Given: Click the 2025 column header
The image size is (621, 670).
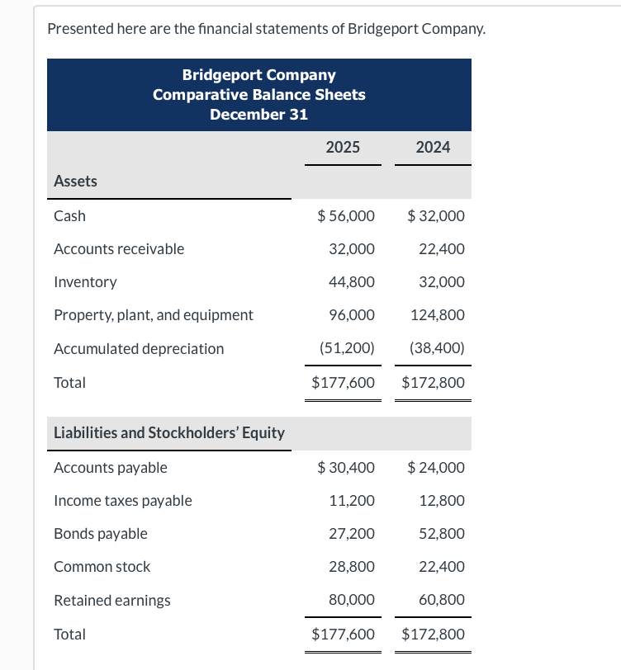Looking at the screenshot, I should click(343, 148).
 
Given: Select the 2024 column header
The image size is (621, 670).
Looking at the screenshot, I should click(433, 148).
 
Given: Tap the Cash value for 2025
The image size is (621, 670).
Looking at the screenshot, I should click(346, 216).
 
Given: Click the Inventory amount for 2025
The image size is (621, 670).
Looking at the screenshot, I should click(352, 282).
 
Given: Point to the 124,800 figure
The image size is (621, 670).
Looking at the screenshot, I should click(438, 315).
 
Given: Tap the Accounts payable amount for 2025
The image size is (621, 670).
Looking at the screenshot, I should click(346, 468).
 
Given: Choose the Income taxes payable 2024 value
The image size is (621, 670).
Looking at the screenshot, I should click(442, 501).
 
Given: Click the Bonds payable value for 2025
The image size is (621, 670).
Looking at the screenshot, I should click(352, 534).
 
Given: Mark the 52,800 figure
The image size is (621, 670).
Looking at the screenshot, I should click(442, 534).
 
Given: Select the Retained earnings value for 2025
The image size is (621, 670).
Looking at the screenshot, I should click(352, 600).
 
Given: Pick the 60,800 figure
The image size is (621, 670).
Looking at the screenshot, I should click(442, 600).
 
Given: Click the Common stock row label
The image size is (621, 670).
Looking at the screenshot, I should click(102, 567).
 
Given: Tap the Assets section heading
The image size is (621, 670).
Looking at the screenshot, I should click(75, 182).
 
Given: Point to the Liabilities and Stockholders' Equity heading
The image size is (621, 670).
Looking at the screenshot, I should click(169, 433).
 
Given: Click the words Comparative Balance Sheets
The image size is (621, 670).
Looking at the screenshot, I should click(258, 95).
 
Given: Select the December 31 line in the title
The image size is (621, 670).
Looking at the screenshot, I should click(258, 114).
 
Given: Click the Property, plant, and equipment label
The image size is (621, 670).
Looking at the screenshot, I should click(154, 315).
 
